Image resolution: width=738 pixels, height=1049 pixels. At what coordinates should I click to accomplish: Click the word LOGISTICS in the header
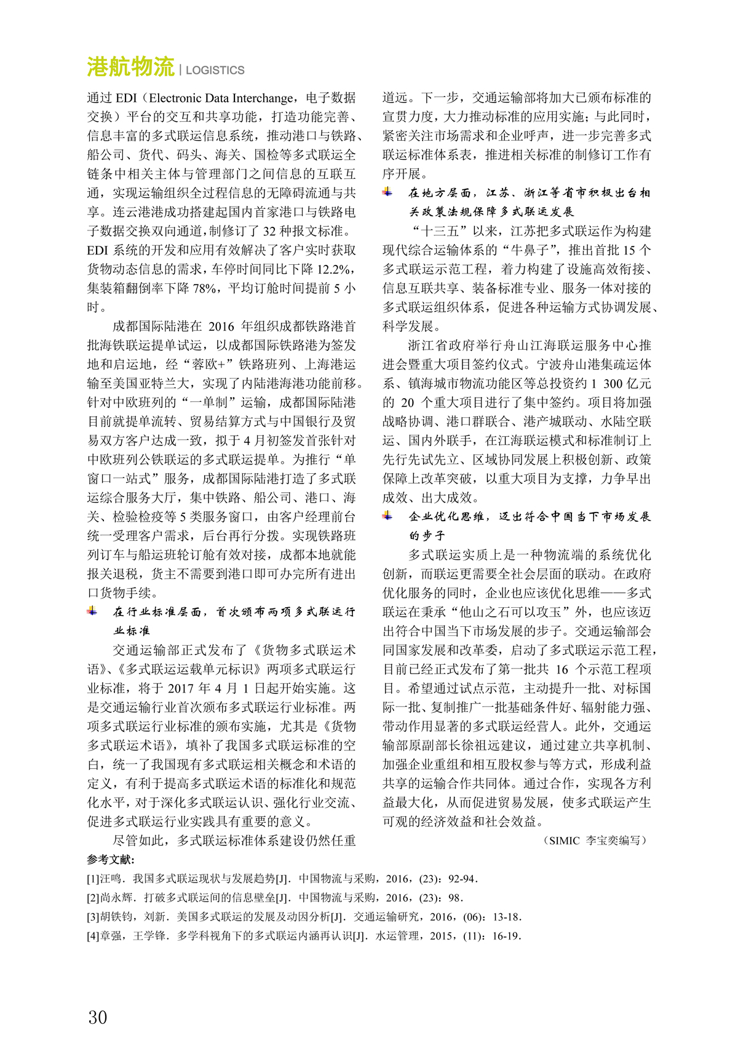pos(215,71)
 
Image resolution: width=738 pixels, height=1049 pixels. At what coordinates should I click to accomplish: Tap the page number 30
pos(97,1017)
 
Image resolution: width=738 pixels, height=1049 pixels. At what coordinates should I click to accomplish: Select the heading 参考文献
pos(111,860)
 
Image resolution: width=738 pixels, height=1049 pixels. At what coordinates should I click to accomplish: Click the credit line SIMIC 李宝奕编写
pos(595,840)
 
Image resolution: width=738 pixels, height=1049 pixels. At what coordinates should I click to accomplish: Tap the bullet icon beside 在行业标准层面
pos(92,611)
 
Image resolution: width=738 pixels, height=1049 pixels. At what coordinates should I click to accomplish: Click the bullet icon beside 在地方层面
pos(387,192)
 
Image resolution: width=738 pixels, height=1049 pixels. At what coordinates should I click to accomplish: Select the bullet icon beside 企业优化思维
pos(387,516)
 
